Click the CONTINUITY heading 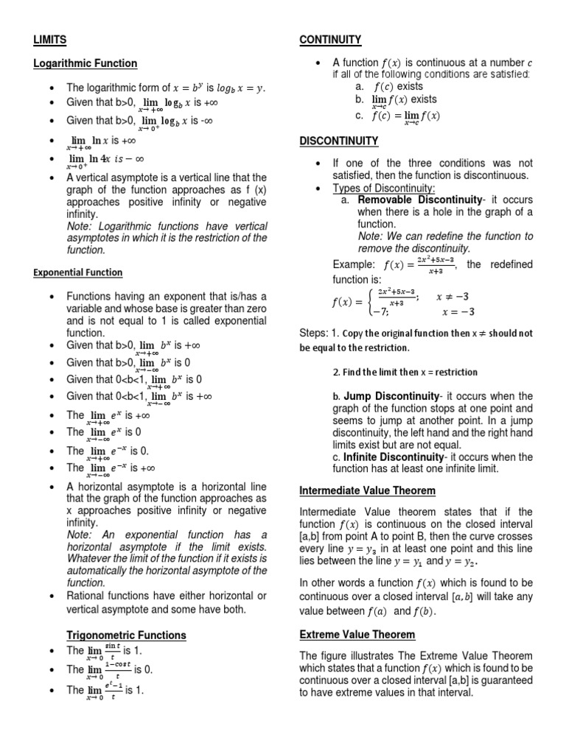pyautogui.click(x=329, y=39)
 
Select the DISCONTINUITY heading pyautogui.click(x=338, y=141)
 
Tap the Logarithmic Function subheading pyautogui.click(x=85, y=64)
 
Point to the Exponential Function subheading pyautogui.click(x=78, y=272)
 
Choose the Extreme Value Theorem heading pyautogui.click(x=357, y=634)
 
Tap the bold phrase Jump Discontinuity pyautogui.click(x=391, y=396)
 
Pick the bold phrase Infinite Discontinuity pyautogui.click(x=396, y=457)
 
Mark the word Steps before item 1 pyautogui.click(x=313, y=333)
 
